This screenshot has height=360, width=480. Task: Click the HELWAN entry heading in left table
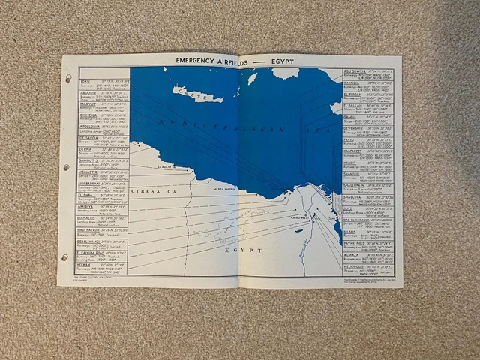88,263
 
